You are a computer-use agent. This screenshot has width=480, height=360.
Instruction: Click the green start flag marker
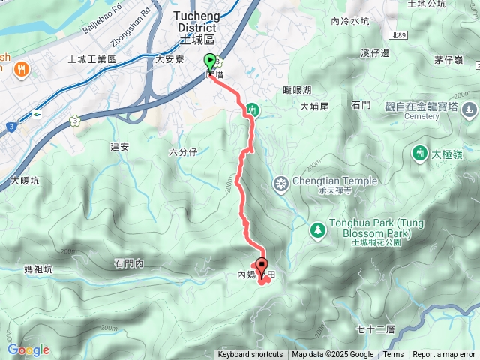click(210, 63)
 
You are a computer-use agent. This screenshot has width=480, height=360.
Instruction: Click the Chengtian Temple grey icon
click(281, 183)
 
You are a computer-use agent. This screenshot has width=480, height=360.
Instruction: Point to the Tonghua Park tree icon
click(317, 229)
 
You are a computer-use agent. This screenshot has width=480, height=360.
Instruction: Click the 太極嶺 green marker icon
click(418, 154)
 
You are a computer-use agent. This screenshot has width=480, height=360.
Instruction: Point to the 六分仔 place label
click(182, 152)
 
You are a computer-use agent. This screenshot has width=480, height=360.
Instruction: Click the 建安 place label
click(120, 147)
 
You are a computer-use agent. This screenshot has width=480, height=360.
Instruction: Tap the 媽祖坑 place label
click(37, 269)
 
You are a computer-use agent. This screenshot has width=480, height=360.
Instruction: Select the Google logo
click(28, 349)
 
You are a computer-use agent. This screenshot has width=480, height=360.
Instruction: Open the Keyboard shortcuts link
click(250, 355)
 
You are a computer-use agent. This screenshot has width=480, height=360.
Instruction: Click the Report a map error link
click(444, 355)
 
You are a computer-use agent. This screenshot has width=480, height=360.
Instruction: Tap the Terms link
click(393, 355)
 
